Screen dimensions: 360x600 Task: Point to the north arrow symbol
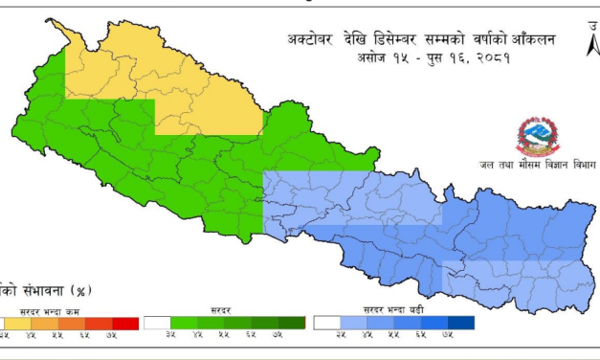(x=587, y=39)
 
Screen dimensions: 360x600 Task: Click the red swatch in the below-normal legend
(x=124, y=324)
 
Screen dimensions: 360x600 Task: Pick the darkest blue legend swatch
(x=459, y=324)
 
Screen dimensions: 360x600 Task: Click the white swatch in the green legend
(x=156, y=324)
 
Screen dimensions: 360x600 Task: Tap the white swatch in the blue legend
(x=326, y=324)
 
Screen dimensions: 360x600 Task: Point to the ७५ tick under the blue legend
(x=447, y=336)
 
